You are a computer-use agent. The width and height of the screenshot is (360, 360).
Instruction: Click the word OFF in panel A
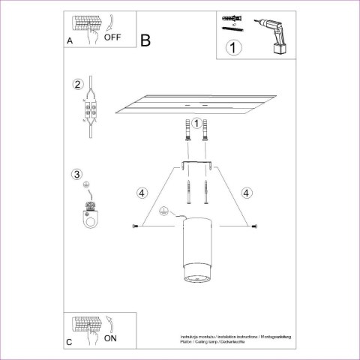pos(114,36)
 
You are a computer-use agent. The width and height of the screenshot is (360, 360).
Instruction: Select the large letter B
pos(146,40)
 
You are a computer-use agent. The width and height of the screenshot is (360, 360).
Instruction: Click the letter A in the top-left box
pos(69,41)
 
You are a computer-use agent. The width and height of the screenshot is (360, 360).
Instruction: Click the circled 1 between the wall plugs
pos(196,123)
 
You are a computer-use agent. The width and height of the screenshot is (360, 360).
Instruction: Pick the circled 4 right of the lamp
pos(247,192)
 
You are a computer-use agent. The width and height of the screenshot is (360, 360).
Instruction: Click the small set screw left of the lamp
pos(135,226)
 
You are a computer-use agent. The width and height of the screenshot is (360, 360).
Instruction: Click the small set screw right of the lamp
pos(255,226)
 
